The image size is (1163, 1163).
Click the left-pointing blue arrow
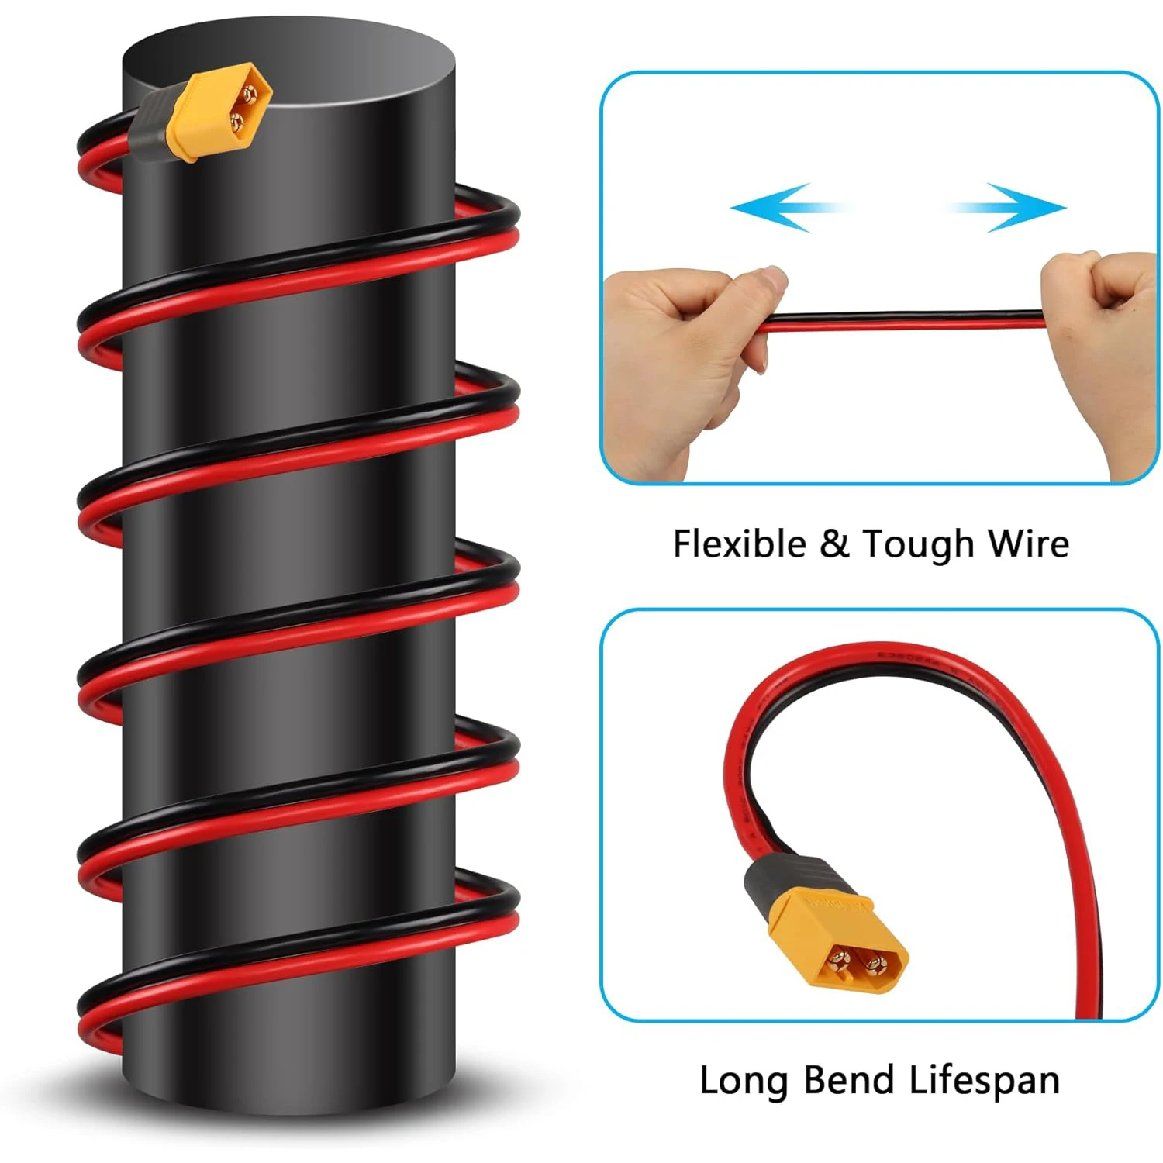(775, 207)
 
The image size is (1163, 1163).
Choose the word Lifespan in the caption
(983, 1081)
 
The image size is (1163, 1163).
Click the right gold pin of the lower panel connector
(876, 965)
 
